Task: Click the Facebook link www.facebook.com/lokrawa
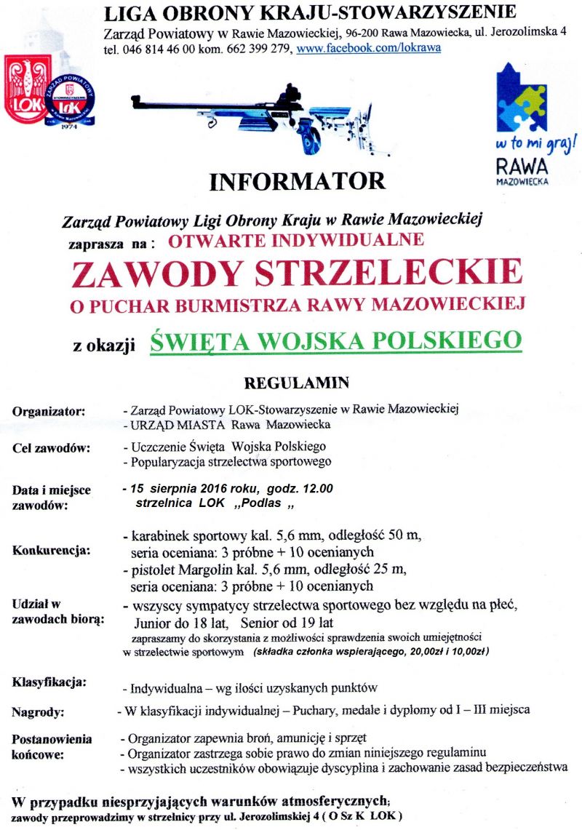coord(368,49)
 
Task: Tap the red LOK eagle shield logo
coord(28,88)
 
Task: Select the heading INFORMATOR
coord(297,181)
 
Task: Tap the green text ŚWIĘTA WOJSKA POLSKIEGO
coord(336,340)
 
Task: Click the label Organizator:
coord(48,412)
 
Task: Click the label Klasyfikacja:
coord(49,682)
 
